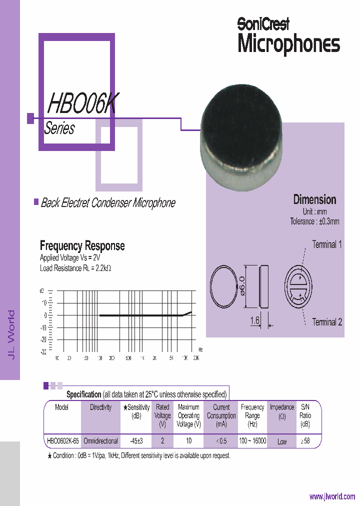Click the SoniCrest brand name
pos(263,23)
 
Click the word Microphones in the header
pos(288,44)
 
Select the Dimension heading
pos(314,199)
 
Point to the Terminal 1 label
pos(327,244)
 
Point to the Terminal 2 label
pos(327,322)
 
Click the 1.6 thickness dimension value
pos(254,320)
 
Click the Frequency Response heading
pos(82,245)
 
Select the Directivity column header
pos(100,407)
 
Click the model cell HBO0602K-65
pos(62,441)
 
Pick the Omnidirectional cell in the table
pos(100,441)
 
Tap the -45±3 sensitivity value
pos(136,441)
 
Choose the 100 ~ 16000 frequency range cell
pos(252,441)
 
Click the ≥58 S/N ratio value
pos(304,441)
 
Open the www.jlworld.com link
pos(332,496)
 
